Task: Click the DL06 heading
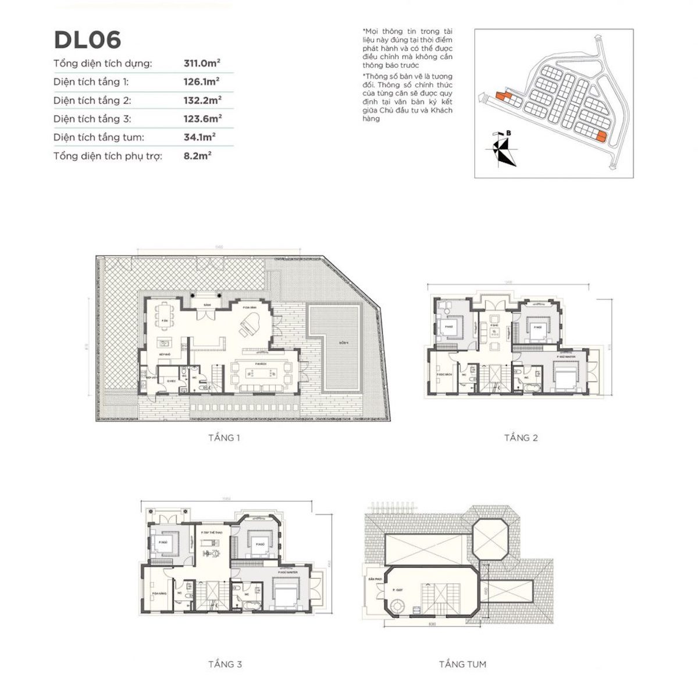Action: click(x=87, y=40)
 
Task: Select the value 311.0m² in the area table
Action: click(x=202, y=63)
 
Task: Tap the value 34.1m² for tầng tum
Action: click(x=200, y=137)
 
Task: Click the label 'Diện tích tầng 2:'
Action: click(x=92, y=101)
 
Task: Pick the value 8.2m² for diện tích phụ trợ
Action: click(x=197, y=156)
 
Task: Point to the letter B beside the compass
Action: click(x=509, y=133)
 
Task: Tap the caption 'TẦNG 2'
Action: click(x=521, y=438)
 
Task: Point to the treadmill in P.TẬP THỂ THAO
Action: click(x=211, y=545)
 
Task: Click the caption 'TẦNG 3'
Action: click(x=225, y=664)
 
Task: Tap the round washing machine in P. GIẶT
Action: click(x=397, y=607)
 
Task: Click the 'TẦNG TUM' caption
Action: click(x=462, y=664)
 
